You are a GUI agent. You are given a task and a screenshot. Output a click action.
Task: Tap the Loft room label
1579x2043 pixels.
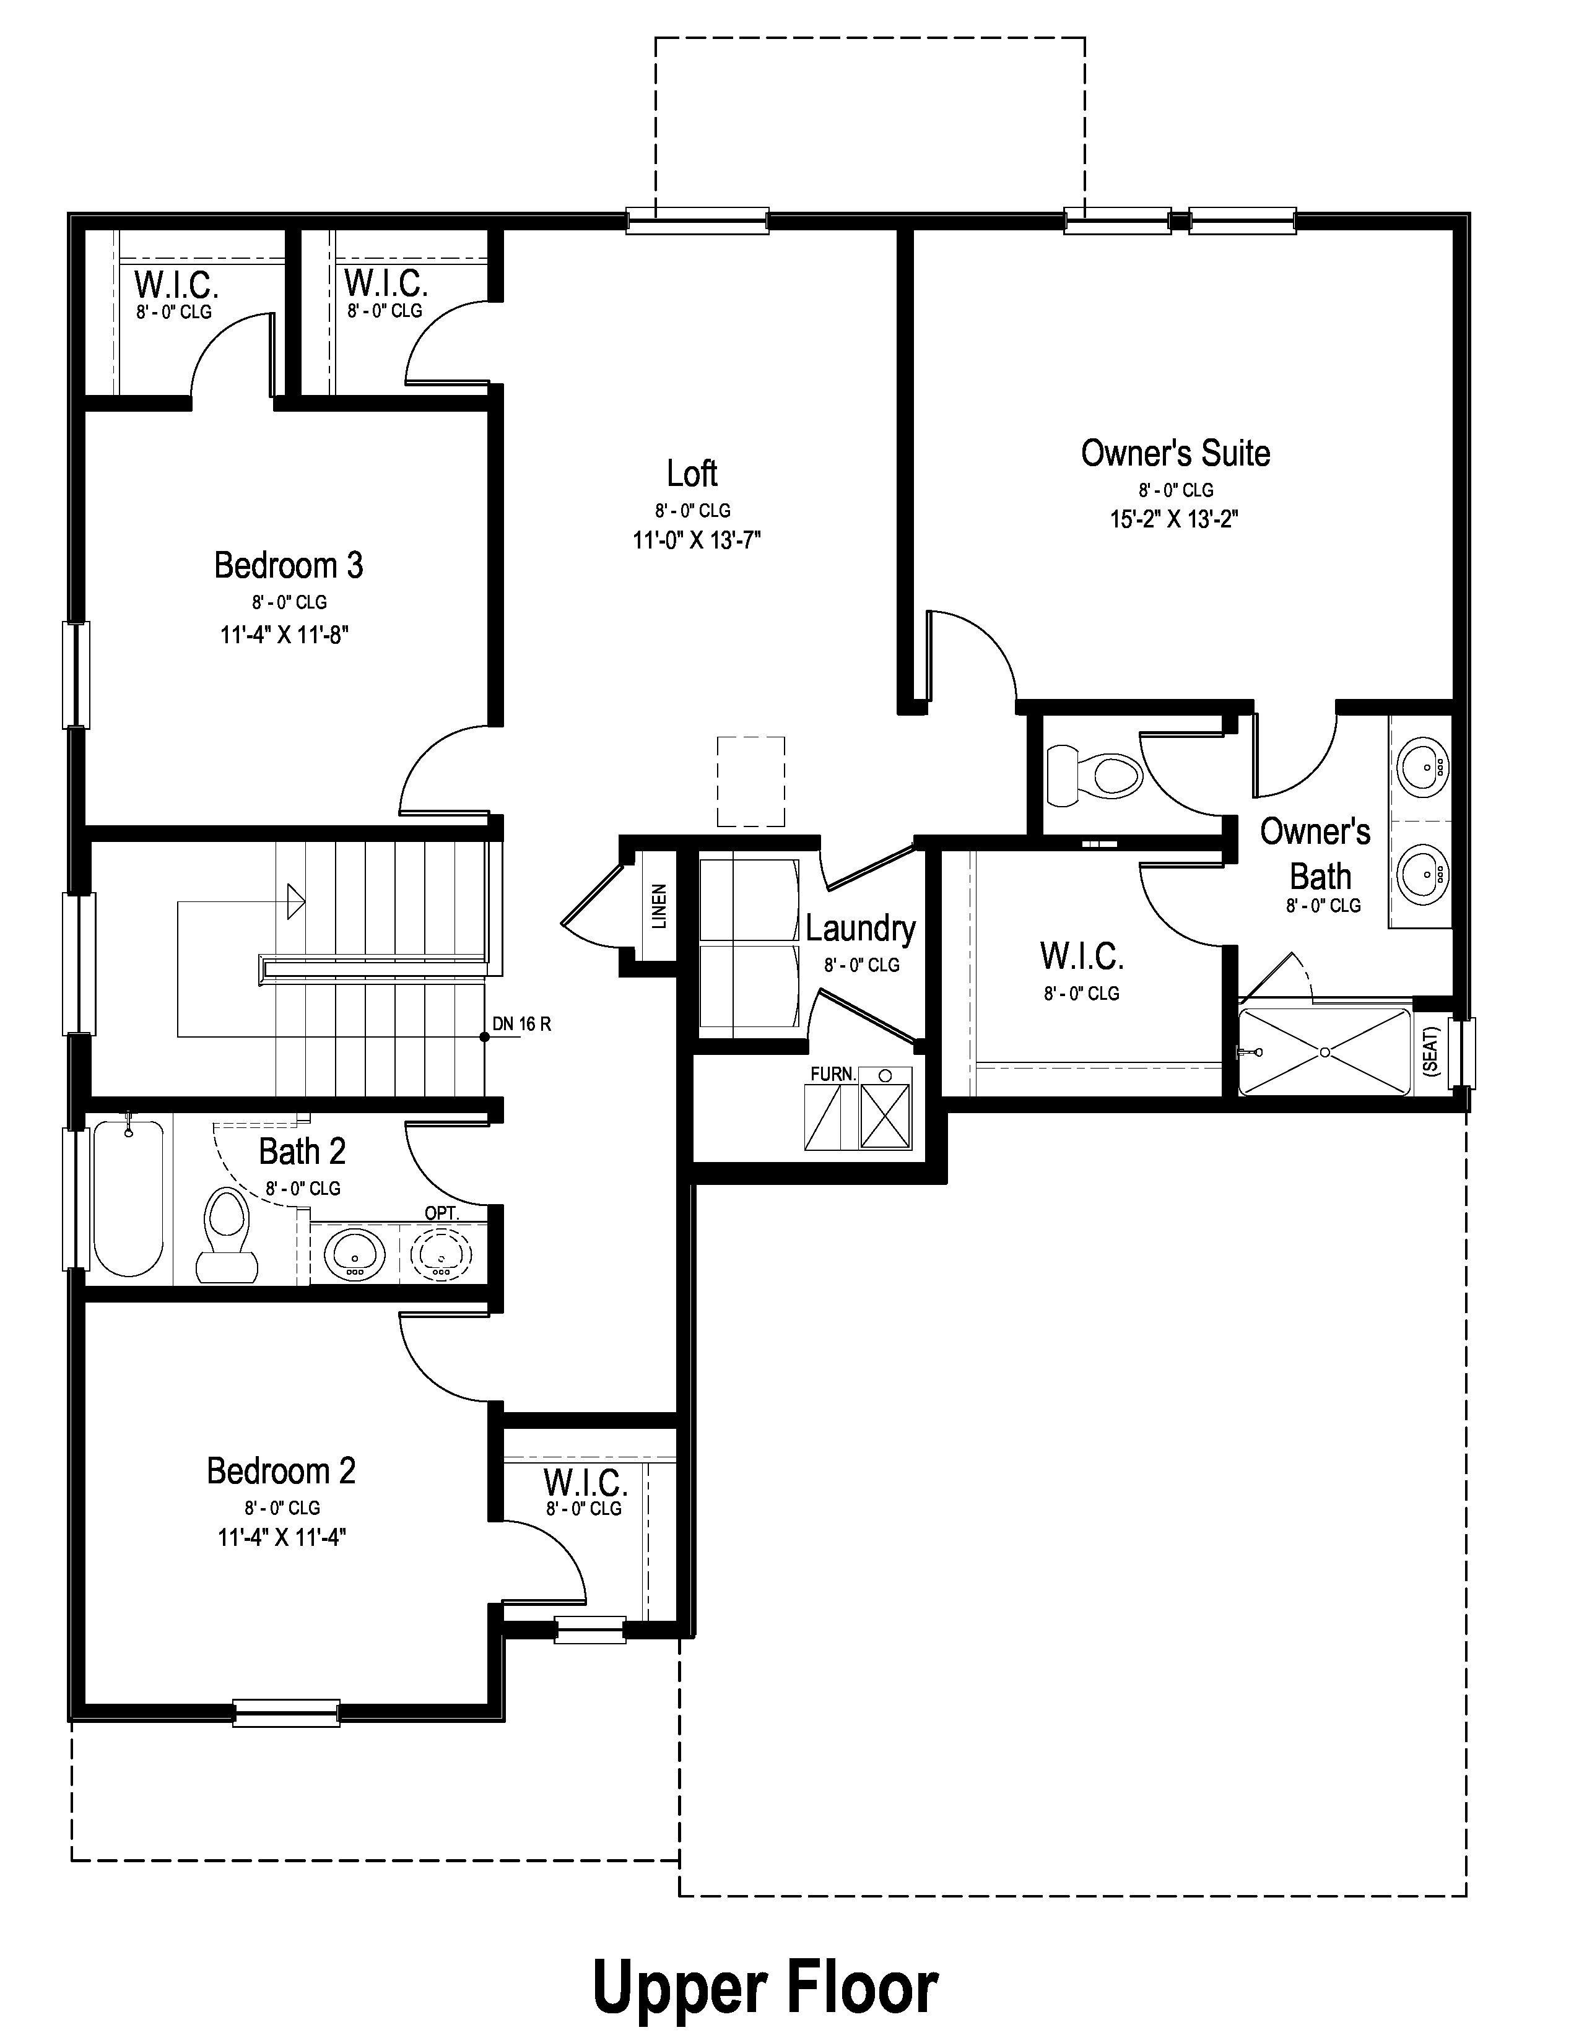tap(692, 474)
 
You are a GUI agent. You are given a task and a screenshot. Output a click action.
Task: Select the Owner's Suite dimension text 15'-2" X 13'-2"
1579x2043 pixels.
tap(1174, 519)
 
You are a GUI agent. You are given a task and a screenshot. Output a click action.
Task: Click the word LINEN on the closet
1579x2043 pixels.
tap(659, 906)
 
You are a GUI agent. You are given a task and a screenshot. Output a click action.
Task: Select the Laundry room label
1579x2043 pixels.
tap(861, 929)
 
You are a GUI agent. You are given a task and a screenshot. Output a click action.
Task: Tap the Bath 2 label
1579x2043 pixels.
tap(302, 1152)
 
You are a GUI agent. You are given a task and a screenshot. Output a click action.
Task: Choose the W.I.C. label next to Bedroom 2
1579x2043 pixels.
tap(586, 1483)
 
